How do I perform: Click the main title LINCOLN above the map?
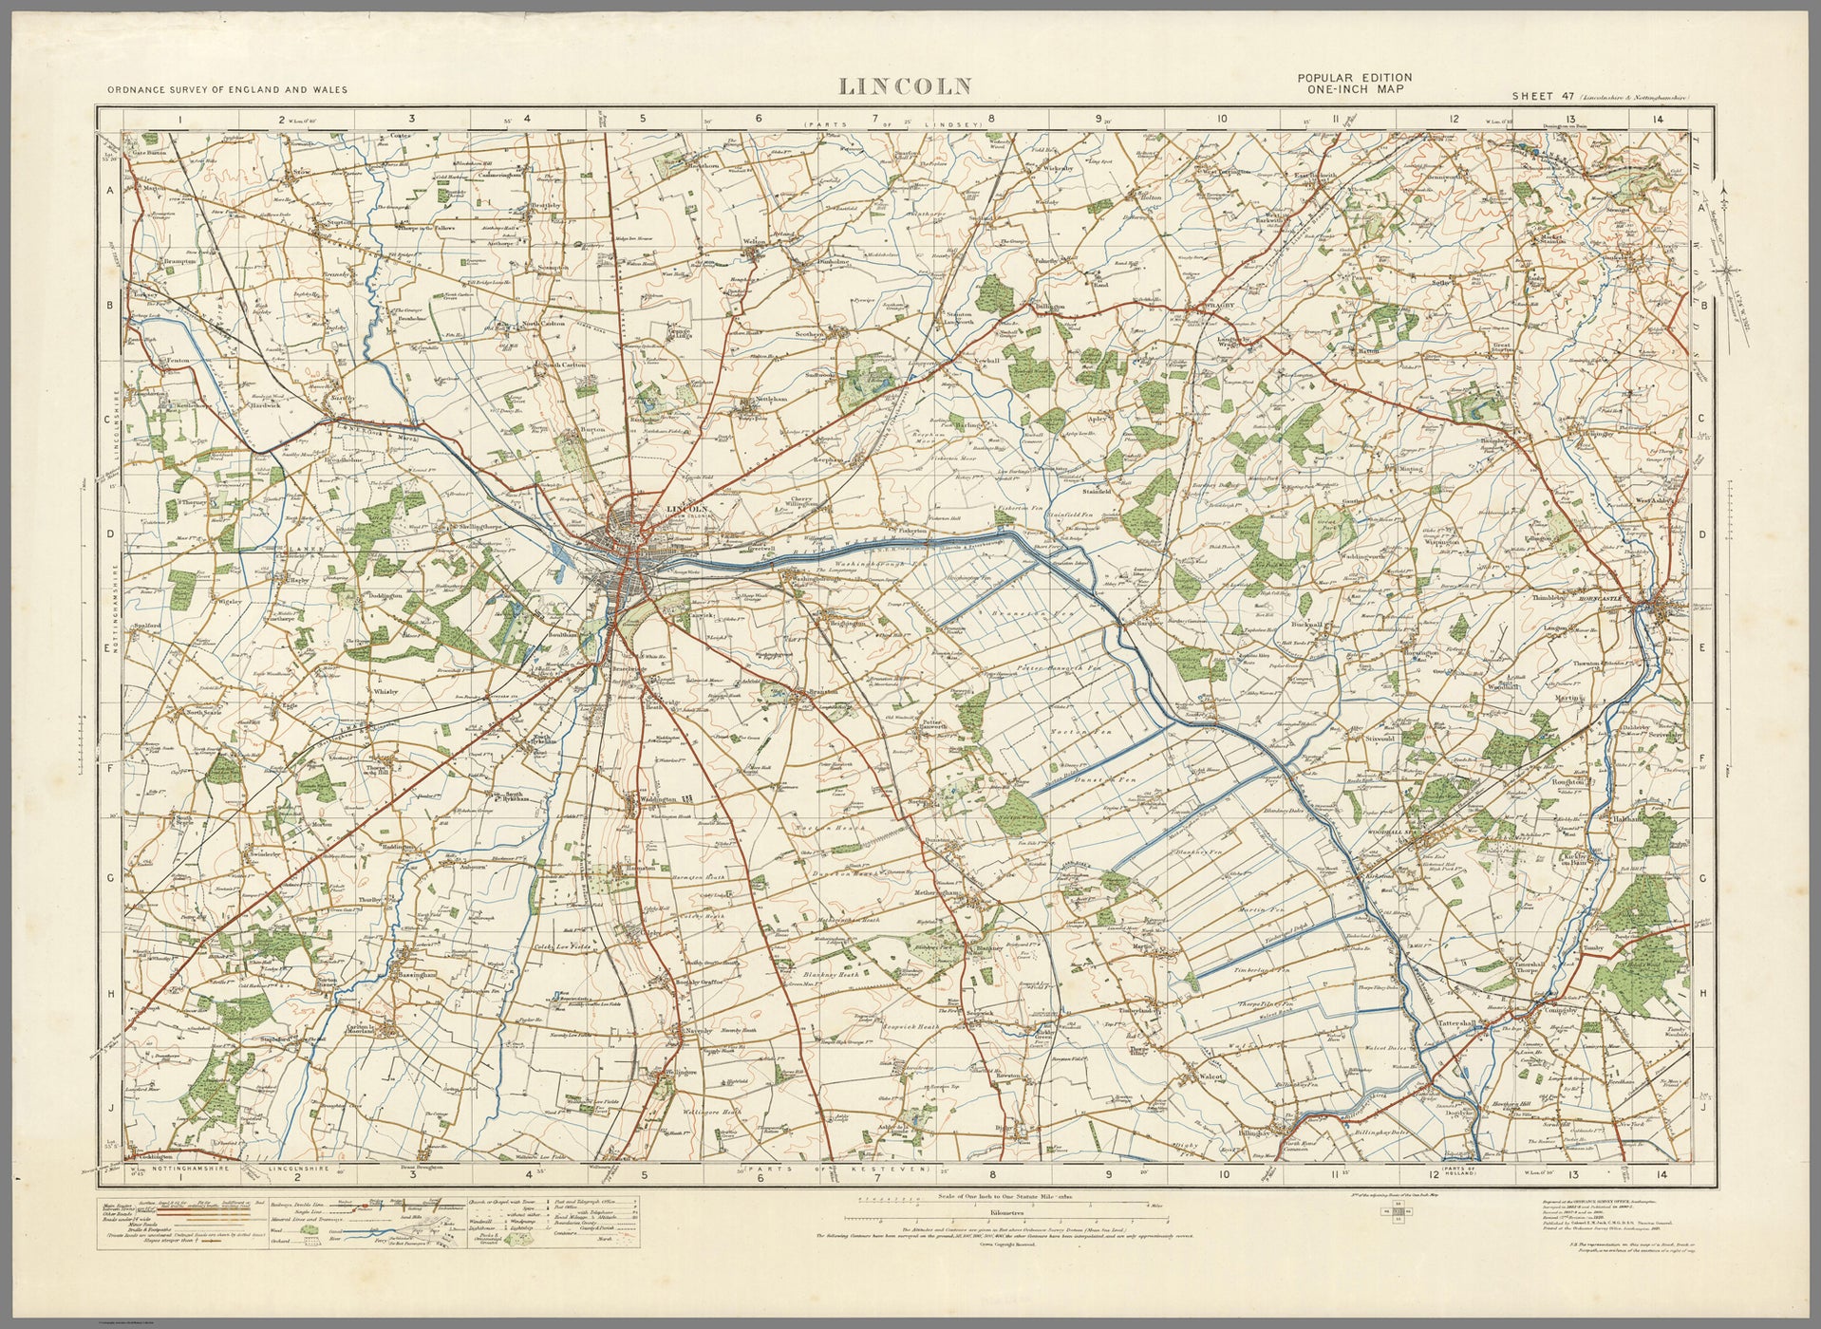point(905,86)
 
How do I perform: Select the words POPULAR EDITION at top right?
point(1354,78)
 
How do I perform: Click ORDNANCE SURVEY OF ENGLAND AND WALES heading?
point(227,89)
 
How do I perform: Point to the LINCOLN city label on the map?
point(688,510)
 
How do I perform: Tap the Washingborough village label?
point(810,577)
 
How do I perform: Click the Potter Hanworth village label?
point(935,723)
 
